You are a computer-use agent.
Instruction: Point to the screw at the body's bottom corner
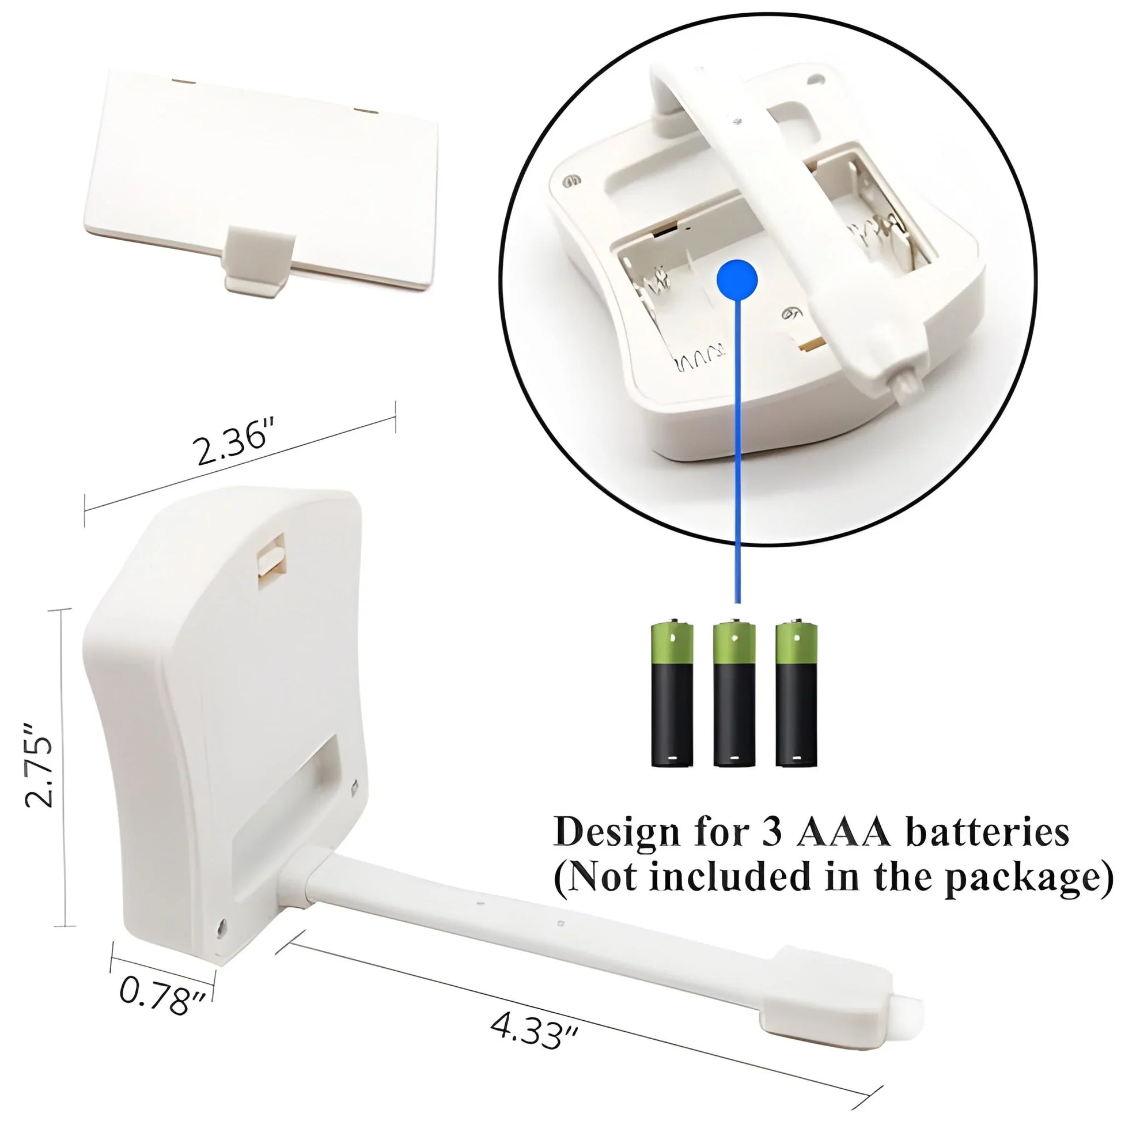221,930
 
